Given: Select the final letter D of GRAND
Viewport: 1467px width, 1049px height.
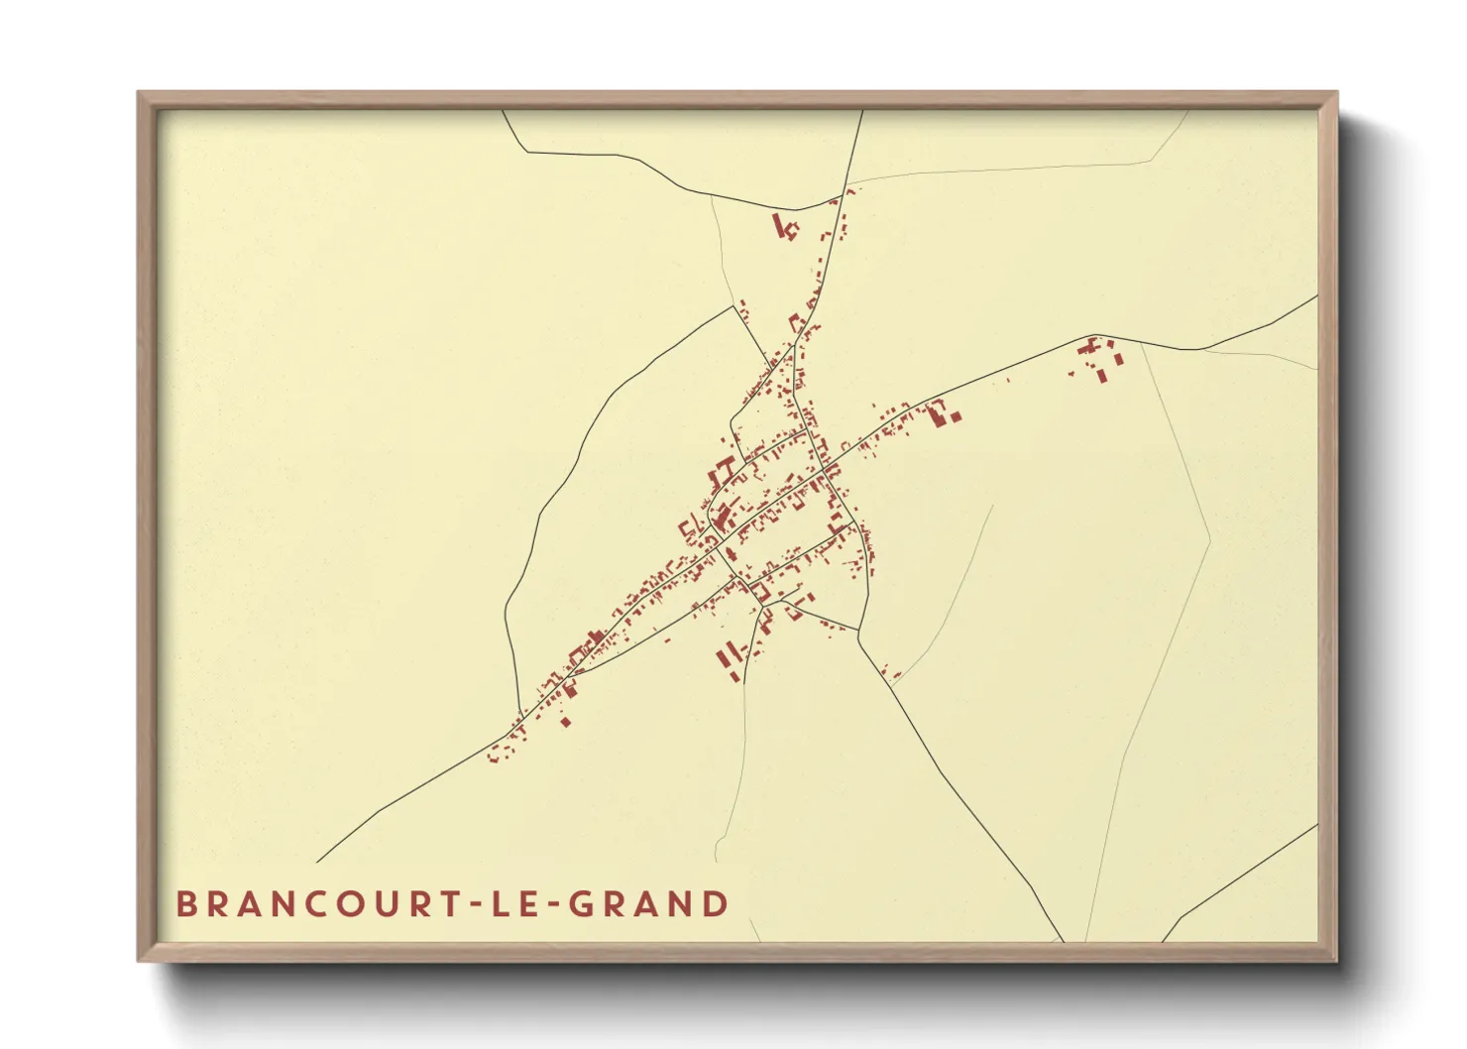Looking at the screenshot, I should tap(715, 904).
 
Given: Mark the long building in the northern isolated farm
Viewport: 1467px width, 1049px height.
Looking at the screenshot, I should tap(779, 225).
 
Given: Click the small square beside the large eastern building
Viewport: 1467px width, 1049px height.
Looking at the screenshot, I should tap(955, 417).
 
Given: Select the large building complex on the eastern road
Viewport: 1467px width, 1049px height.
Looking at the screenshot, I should tap(938, 411).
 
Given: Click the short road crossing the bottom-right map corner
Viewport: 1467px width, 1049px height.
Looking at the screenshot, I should tap(1239, 881).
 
